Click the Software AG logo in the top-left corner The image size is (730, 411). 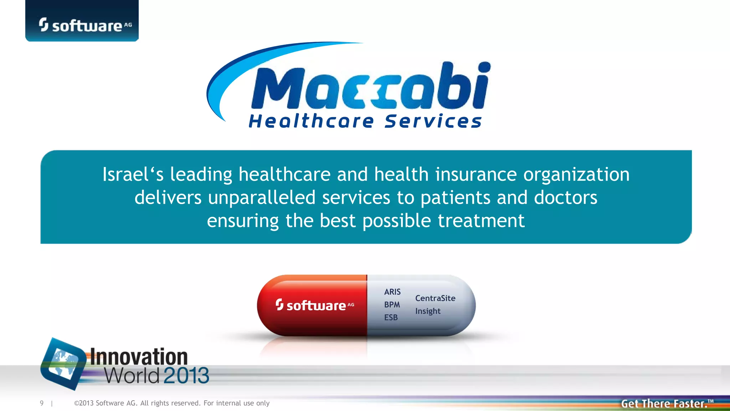(x=82, y=25)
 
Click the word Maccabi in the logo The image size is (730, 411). (x=371, y=87)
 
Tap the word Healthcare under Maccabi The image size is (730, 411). (x=311, y=121)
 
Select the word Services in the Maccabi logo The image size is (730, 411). (x=433, y=121)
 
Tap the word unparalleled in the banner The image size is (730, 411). (x=262, y=198)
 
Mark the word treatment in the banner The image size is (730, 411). (x=481, y=221)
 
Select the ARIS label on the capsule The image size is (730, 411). (x=392, y=292)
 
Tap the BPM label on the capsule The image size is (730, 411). (x=392, y=305)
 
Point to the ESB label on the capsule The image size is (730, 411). (x=391, y=318)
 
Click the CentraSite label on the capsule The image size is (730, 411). (x=435, y=298)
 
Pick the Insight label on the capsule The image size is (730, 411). (x=428, y=311)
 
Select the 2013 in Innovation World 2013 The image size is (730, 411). (x=186, y=375)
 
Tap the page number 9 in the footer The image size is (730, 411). (x=42, y=403)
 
